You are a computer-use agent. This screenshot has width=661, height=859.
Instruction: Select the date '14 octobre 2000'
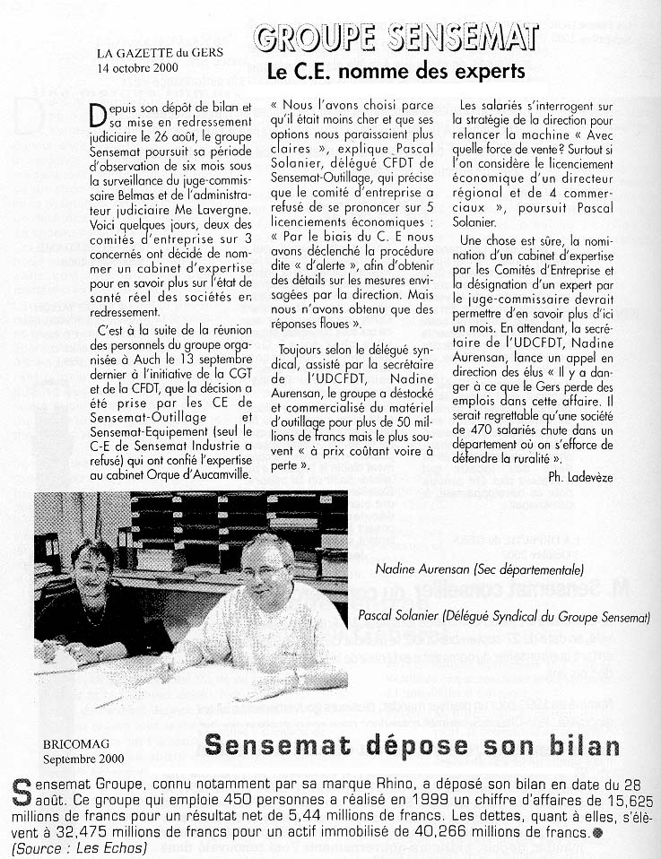(x=138, y=67)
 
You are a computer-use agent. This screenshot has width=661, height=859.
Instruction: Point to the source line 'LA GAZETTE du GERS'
(x=161, y=53)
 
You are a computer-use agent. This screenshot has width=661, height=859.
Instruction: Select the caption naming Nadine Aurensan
(x=480, y=569)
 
